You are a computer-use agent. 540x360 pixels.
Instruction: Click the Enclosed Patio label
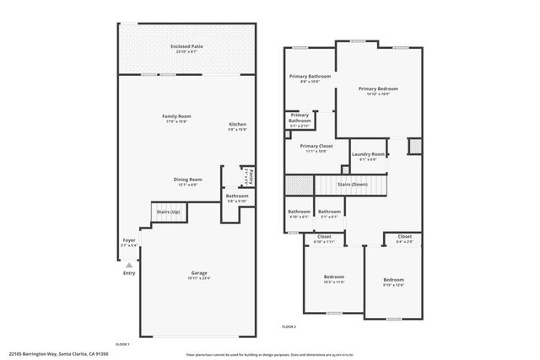click(186, 47)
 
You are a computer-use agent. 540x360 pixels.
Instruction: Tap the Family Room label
click(176, 116)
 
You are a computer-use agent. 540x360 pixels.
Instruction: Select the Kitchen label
click(237, 124)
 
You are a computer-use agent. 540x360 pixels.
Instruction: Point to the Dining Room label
click(187, 179)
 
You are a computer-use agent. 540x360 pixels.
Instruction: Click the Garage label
click(199, 274)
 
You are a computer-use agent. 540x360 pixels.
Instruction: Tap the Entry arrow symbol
click(128, 264)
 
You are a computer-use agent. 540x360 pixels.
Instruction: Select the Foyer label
click(129, 241)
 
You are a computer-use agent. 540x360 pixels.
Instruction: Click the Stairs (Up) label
click(168, 212)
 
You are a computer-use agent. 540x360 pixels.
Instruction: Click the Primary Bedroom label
click(377, 89)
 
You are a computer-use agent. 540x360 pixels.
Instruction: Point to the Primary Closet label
click(316, 146)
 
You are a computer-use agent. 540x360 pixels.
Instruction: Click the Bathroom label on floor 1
click(236, 196)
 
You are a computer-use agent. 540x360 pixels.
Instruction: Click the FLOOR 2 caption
click(289, 325)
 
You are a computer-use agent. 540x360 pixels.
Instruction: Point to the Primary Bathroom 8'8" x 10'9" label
click(310, 77)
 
